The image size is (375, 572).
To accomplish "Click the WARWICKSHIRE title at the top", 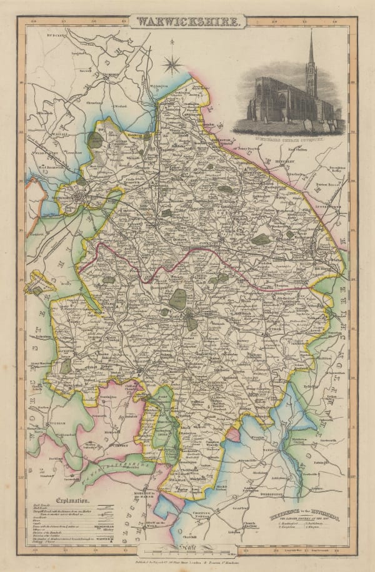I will (x=187, y=22).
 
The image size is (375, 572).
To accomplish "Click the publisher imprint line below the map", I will (x=187, y=563).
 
